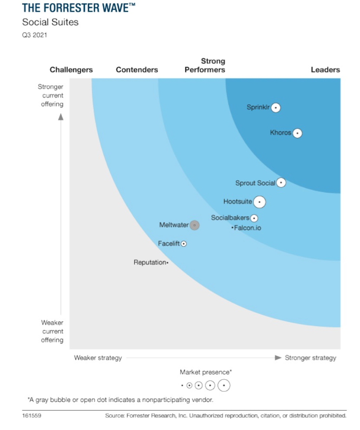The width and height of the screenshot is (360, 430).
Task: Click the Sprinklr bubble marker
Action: [276, 108]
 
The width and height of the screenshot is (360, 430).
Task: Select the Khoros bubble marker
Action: [297, 133]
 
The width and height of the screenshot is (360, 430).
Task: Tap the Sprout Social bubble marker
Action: [281, 183]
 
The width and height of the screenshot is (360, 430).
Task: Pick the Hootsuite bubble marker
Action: [260, 202]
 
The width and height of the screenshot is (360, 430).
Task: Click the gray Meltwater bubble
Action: [195, 225]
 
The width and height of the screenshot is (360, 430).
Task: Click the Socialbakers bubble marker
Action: [254, 218]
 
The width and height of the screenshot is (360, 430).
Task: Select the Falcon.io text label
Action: [247, 228]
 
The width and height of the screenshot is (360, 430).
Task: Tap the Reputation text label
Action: [149, 263]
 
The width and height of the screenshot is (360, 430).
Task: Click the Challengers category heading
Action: [71, 70]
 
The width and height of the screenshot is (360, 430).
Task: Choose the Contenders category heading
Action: [137, 70]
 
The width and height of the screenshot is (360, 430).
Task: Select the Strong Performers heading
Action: [205, 65]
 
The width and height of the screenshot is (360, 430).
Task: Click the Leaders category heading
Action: [325, 70]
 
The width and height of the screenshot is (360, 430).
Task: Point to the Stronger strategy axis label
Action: [310, 358]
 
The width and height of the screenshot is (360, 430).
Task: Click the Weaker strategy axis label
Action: [98, 358]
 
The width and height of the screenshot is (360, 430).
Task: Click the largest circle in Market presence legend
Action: [224, 385]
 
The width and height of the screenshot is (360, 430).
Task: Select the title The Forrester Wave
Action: [79, 8]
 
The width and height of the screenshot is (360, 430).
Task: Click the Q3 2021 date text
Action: [34, 35]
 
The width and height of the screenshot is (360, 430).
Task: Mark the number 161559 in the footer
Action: [32, 416]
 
